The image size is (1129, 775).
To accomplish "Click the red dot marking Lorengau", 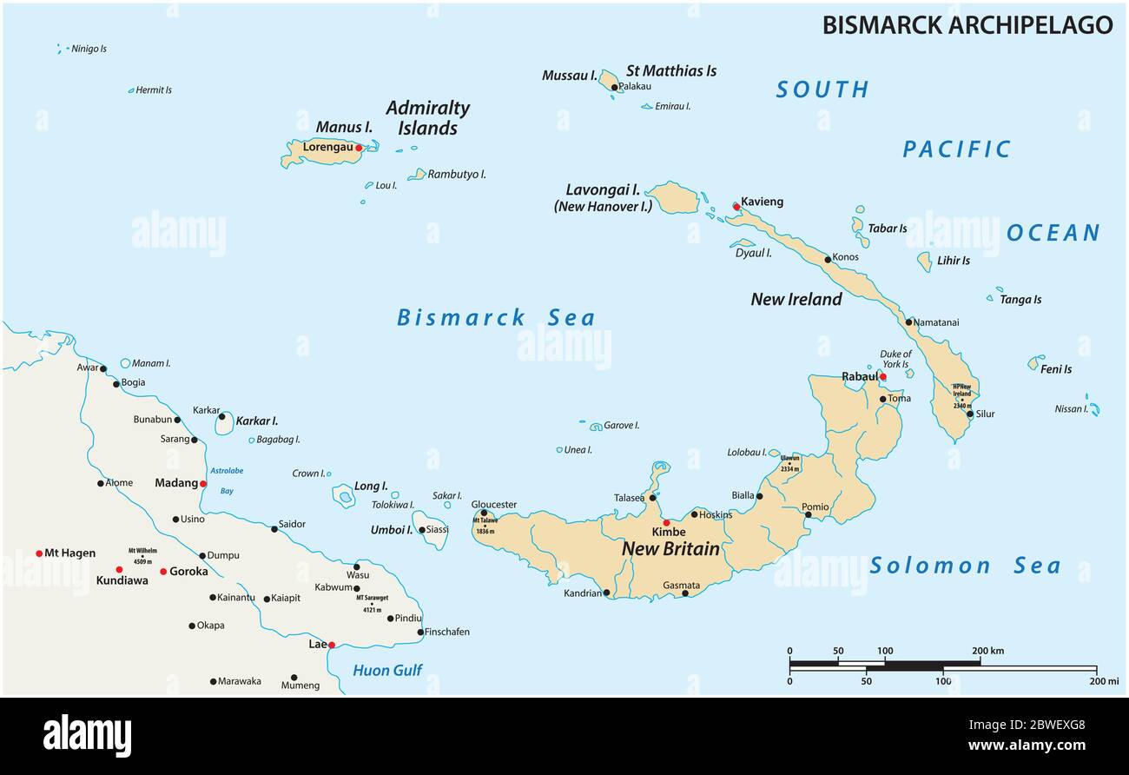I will click(359, 148).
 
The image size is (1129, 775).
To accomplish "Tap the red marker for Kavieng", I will click(736, 206).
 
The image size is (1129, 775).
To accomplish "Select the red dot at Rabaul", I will click(882, 376).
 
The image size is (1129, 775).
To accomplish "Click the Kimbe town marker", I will click(666, 523).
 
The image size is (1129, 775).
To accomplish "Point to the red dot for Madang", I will click(203, 484).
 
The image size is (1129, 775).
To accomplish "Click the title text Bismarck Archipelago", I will click(967, 25).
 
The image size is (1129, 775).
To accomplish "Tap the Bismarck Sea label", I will click(496, 318).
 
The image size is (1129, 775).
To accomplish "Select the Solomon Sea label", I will click(964, 566).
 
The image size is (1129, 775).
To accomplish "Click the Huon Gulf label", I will click(387, 670).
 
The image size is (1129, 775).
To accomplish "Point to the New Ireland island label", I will click(796, 300).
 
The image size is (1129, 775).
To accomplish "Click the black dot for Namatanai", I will click(908, 322).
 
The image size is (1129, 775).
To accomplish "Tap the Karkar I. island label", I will click(257, 421).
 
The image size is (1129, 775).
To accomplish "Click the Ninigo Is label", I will click(89, 50).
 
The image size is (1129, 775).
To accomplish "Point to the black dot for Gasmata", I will click(684, 593).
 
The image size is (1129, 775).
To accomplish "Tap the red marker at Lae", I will click(331, 645).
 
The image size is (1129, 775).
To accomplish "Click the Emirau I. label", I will click(672, 107).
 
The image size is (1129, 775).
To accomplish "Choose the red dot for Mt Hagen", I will click(39, 553).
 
